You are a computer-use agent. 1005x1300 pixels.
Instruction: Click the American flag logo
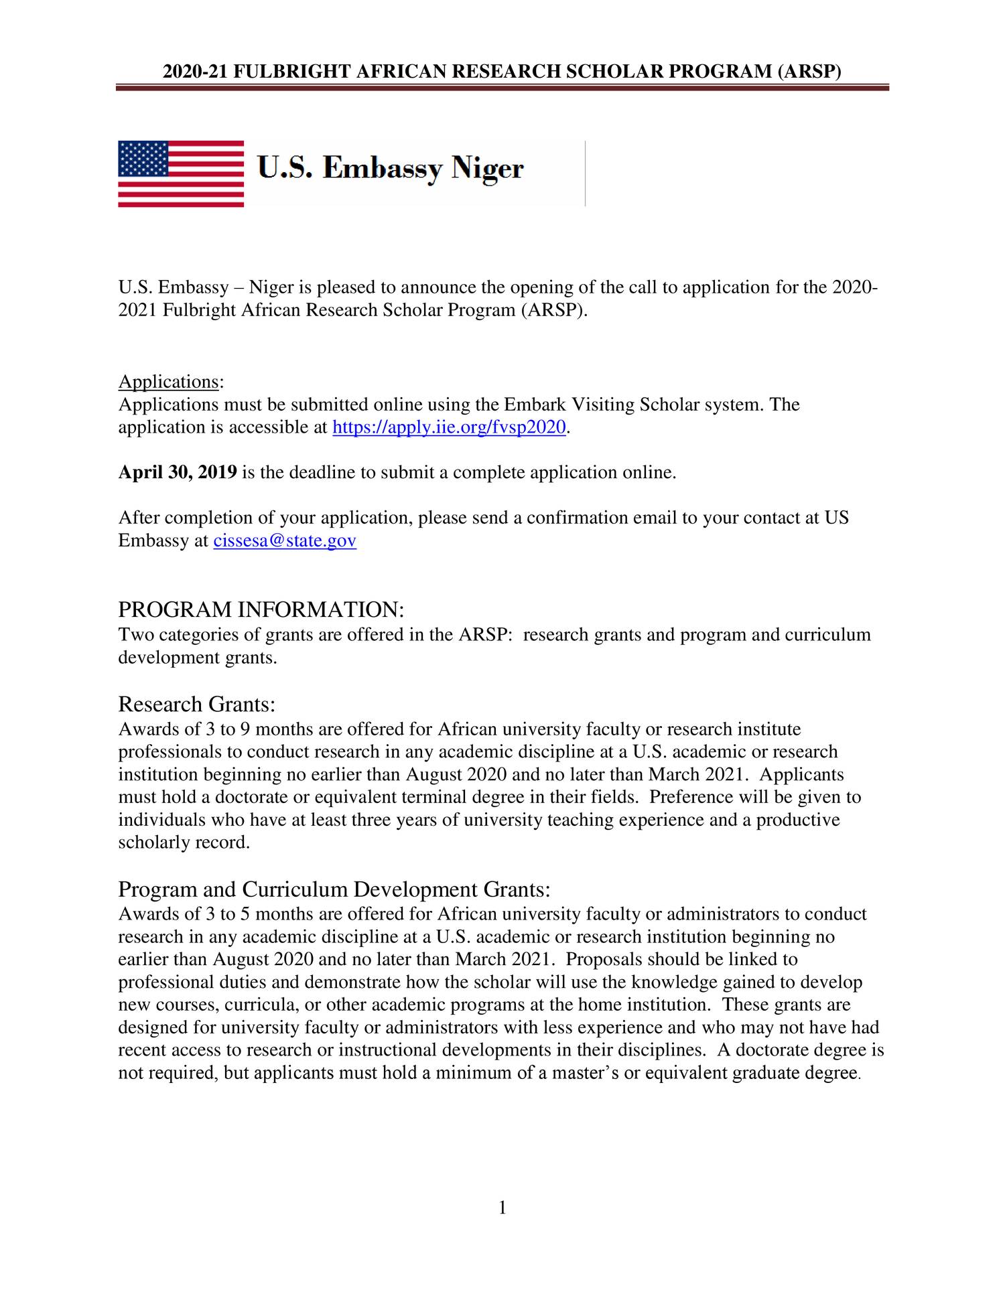pyautogui.click(x=181, y=173)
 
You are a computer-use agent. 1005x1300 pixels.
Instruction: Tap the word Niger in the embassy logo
pyautogui.click(x=487, y=168)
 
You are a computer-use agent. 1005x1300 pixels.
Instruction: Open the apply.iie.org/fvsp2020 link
pyautogui.click(x=449, y=427)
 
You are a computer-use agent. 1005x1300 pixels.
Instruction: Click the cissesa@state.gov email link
pyautogui.click(x=285, y=540)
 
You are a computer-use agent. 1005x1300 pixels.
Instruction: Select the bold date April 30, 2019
pyautogui.click(x=178, y=472)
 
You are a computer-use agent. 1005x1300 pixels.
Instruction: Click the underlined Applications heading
pyautogui.click(x=168, y=382)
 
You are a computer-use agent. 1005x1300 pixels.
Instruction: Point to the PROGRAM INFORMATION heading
pyautogui.click(x=261, y=609)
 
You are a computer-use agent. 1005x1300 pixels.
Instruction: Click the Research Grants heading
pyautogui.click(x=197, y=704)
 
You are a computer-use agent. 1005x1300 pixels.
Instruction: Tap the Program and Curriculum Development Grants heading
pyautogui.click(x=334, y=889)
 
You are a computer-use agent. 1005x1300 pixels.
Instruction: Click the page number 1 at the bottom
pyautogui.click(x=503, y=1208)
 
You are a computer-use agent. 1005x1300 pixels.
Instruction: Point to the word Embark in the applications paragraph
pyautogui.click(x=535, y=405)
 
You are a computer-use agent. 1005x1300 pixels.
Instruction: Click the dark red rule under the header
pyautogui.click(x=502, y=87)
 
